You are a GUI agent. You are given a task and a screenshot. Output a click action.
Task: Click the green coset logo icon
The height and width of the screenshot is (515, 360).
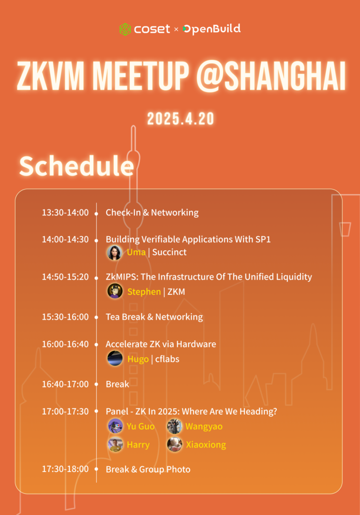tap(125, 29)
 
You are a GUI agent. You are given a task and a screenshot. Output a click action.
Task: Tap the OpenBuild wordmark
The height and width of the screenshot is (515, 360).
tap(211, 29)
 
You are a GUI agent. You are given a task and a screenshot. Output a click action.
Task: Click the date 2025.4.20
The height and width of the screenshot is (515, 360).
tap(181, 119)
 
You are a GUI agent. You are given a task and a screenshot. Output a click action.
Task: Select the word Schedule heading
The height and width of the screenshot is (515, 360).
tap(77, 166)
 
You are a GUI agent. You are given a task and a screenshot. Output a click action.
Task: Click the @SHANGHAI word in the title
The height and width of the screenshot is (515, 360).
tap(271, 76)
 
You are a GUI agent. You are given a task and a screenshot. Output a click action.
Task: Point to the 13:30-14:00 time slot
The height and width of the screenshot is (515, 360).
tap(65, 213)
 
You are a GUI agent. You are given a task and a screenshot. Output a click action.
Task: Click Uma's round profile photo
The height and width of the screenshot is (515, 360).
tap(114, 253)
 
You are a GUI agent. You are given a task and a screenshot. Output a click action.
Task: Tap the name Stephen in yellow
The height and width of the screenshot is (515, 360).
tap(144, 292)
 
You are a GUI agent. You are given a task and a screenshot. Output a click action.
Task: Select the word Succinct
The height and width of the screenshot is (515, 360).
tap(169, 252)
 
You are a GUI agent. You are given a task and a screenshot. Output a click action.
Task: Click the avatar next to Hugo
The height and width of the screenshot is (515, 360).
tap(115, 358)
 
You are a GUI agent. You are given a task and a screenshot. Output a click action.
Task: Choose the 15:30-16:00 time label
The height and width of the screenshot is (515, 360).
tap(65, 317)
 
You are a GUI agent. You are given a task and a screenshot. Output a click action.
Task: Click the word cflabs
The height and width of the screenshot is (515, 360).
tap(167, 359)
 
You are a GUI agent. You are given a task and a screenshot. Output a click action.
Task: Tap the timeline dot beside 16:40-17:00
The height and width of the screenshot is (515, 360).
tap(96, 384)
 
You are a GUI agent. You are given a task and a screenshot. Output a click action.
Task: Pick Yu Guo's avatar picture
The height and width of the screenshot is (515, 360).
tap(115, 426)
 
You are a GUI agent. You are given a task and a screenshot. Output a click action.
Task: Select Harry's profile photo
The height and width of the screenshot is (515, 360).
tap(115, 444)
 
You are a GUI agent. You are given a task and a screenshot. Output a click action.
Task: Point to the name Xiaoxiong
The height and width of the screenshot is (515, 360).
tap(206, 445)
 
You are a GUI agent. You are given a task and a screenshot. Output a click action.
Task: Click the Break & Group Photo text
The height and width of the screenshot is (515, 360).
tap(148, 469)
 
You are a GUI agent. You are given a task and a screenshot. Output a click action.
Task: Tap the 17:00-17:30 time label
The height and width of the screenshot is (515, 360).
tap(65, 411)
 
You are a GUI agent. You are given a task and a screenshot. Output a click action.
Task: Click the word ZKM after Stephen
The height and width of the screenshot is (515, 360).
tap(176, 292)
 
